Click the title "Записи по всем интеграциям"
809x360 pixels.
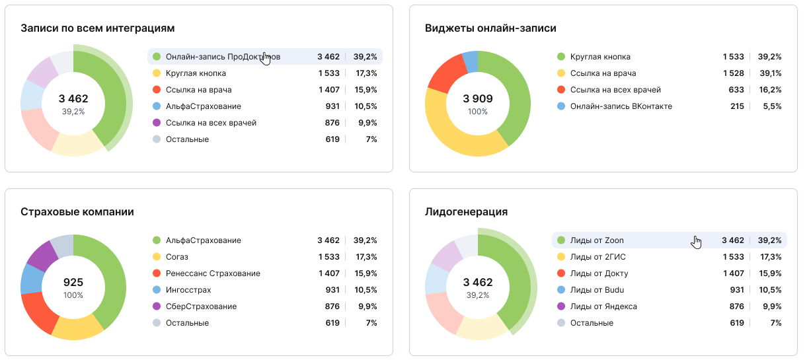pos(98,28)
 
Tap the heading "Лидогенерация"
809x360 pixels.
pos(466,211)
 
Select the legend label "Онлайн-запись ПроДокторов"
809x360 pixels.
pos(223,57)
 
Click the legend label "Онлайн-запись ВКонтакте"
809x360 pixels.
pos(621,106)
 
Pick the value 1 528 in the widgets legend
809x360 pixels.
pos(734,73)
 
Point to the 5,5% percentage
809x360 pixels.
pos(772,106)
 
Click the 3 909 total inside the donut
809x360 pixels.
pos(478,98)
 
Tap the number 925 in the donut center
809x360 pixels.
pos(73,282)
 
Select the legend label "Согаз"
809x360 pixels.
pos(177,257)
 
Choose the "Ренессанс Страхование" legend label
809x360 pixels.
pos(213,273)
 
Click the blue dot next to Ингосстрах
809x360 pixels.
pos(157,289)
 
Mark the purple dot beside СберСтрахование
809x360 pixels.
pos(157,306)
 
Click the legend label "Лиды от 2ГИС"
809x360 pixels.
pos(598,257)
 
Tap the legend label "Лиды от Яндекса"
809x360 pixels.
pos(603,306)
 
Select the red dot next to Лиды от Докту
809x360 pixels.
pos(561,273)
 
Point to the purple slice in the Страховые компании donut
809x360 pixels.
pos(42,257)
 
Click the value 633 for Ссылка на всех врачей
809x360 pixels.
pos(736,90)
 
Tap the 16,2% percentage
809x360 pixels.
pos(771,90)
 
